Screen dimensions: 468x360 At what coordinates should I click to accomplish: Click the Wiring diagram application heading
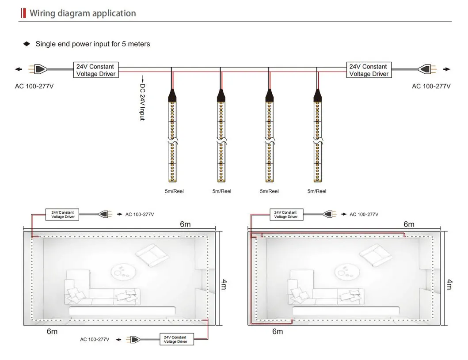[x=83, y=13]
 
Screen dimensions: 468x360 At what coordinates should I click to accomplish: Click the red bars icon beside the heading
[x=23, y=13]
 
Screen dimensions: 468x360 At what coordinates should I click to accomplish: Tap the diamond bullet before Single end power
[x=27, y=44]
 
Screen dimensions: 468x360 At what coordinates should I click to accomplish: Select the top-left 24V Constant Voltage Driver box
[x=96, y=70]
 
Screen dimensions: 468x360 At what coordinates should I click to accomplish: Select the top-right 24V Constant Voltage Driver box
[x=369, y=70]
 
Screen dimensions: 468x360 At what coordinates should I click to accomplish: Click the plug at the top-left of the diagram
[x=38, y=69]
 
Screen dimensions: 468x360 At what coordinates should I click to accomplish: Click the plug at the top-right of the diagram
[x=427, y=69]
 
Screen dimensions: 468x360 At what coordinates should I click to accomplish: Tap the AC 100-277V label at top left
[x=34, y=86]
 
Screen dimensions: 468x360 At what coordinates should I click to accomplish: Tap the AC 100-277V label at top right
[x=431, y=86]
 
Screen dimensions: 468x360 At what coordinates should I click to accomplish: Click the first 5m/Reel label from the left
[x=174, y=191]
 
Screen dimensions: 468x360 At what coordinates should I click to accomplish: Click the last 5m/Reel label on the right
[x=317, y=191]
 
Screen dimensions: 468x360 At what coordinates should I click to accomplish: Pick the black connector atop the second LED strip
[x=221, y=95]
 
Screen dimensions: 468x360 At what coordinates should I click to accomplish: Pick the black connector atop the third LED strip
[x=269, y=95]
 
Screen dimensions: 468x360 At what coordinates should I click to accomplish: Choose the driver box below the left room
[x=177, y=339]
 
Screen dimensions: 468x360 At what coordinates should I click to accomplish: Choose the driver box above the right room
[x=286, y=214]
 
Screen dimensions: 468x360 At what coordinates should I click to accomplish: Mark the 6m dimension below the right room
[x=278, y=331]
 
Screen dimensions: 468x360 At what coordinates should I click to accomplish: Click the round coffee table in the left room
[x=123, y=272]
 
